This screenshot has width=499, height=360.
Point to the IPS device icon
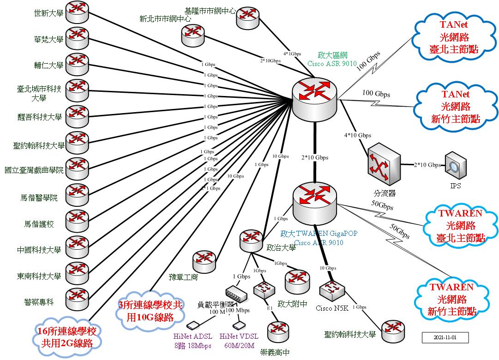455,165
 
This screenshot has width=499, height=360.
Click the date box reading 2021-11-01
445,337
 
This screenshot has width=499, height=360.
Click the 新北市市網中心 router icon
193,35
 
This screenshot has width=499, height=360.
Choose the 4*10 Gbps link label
357,135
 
